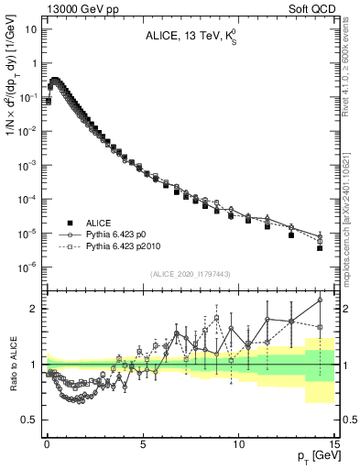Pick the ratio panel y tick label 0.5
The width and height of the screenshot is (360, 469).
[x=33, y=420]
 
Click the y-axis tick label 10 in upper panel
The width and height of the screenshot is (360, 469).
[x=31, y=29]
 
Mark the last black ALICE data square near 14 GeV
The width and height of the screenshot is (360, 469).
[x=320, y=247]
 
